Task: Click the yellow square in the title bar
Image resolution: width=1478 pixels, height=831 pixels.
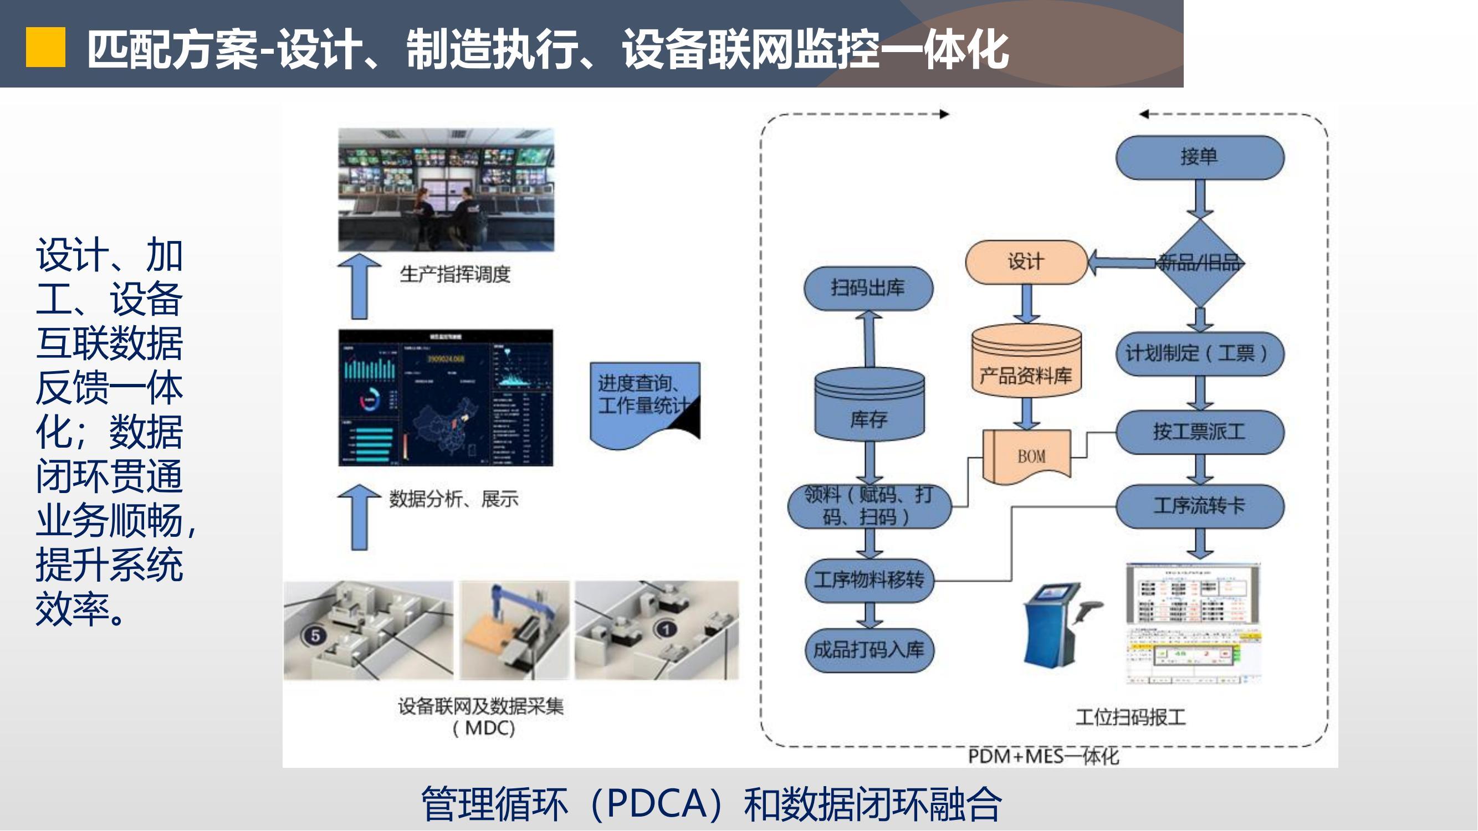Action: pyautogui.click(x=45, y=48)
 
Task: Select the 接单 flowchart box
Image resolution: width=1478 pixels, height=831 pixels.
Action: pyautogui.click(x=1199, y=157)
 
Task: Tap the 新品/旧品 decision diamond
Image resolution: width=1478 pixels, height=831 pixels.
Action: pyautogui.click(x=1199, y=263)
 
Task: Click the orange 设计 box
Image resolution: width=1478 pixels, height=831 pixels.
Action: pyautogui.click(x=1026, y=262)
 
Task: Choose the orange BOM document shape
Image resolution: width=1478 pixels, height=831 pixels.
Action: pyautogui.click(x=1027, y=456)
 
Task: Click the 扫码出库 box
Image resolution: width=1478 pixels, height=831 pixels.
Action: pyautogui.click(x=868, y=288)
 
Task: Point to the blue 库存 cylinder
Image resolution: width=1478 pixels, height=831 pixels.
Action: pyautogui.click(x=870, y=404)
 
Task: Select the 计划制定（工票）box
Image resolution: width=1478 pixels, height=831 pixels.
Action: pyautogui.click(x=1199, y=353)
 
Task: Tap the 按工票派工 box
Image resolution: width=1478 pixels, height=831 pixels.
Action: pyautogui.click(x=1199, y=431)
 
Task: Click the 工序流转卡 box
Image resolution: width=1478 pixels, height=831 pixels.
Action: pyautogui.click(x=1199, y=506)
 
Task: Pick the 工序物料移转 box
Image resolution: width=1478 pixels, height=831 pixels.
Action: pyautogui.click(x=870, y=581)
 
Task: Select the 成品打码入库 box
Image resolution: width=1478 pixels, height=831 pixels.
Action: pyautogui.click(x=870, y=650)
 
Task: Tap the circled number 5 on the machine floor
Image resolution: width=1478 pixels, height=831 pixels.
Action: pyautogui.click(x=314, y=635)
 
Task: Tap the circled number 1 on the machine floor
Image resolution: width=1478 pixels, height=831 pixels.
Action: pyautogui.click(x=666, y=630)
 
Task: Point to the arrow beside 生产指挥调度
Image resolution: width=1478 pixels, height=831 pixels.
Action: pyautogui.click(x=359, y=286)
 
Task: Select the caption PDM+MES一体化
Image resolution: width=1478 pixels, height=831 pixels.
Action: pyautogui.click(x=1043, y=756)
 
